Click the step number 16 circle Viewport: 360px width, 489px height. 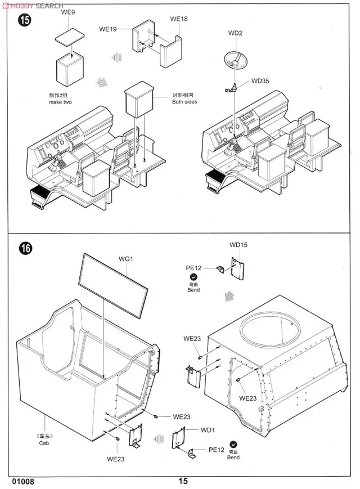[25, 248]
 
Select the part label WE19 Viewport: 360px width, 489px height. [107, 29]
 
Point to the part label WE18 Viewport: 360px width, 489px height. [178, 19]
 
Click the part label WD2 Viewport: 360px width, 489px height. [235, 33]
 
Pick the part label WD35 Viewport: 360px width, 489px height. [260, 80]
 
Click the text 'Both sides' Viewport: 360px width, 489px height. [184, 102]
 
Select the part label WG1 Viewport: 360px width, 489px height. [125, 259]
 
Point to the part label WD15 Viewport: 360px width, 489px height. [238, 245]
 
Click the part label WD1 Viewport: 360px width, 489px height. [208, 430]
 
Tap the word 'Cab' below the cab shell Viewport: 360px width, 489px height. [44, 443]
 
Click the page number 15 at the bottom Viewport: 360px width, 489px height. [183, 481]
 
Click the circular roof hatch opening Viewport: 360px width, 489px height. [268, 330]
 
